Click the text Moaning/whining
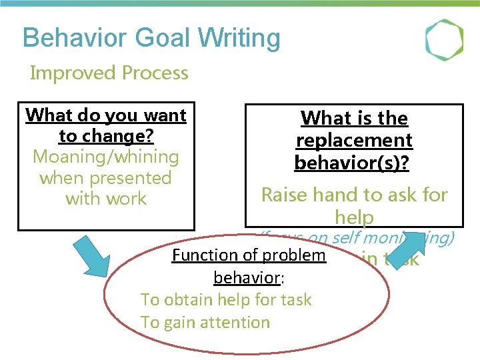point(106,157)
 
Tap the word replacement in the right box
point(354,141)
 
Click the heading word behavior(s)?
point(354,163)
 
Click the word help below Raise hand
point(354,217)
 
